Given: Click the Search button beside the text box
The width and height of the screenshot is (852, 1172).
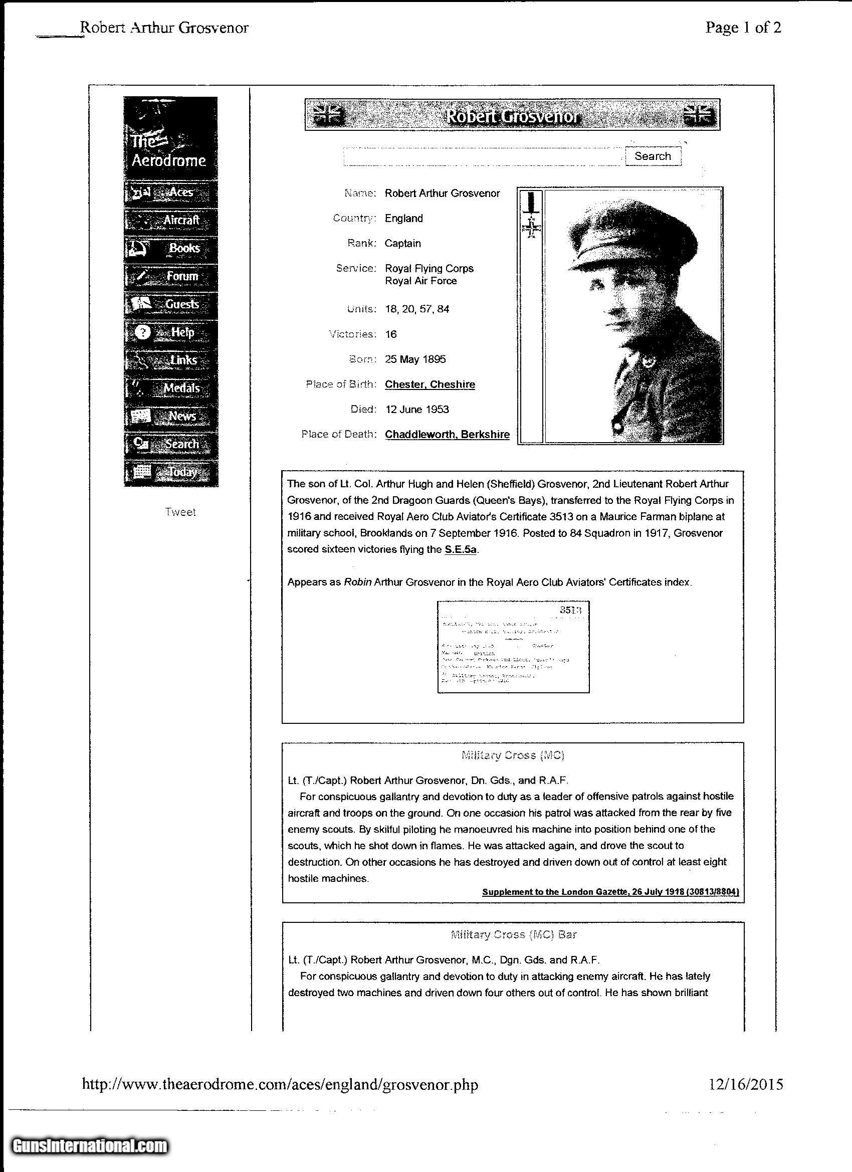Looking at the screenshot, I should (653, 156).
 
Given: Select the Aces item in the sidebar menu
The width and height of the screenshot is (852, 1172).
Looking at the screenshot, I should (170, 193).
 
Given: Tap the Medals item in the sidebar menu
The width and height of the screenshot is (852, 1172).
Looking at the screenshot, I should (170, 388).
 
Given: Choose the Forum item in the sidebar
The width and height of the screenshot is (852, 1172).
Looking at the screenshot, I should (170, 277).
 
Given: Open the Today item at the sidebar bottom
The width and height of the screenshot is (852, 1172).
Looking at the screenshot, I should (170, 472).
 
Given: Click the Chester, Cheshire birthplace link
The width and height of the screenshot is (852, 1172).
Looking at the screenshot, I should (430, 384).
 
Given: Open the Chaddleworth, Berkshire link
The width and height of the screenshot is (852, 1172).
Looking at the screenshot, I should (448, 434).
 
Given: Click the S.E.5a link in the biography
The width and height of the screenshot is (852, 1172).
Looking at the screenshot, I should (461, 549).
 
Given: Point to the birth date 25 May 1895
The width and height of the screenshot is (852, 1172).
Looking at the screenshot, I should (415, 359).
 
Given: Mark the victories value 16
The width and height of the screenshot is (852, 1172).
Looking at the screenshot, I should (390, 334).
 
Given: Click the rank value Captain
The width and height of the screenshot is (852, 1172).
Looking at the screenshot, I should (402, 244).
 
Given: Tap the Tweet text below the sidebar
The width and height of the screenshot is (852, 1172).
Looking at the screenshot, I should (180, 512).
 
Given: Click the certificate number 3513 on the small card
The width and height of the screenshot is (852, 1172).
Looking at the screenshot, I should (570, 610).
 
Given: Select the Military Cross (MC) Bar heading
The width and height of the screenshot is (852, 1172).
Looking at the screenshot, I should (513, 934).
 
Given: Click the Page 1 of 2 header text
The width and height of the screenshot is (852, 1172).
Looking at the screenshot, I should (743, 28).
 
